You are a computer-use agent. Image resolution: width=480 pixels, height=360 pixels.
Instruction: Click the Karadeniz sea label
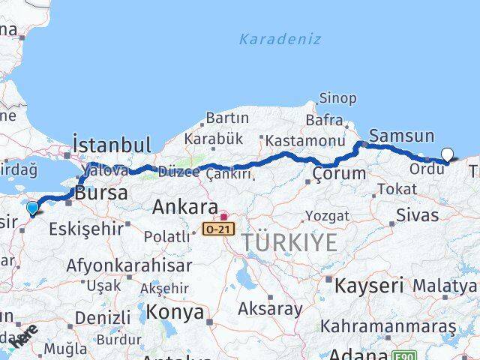click(280, 39)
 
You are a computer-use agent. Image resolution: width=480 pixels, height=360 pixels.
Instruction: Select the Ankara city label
click(184, 207)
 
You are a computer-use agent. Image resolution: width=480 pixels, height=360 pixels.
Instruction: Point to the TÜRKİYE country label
click(289, 242)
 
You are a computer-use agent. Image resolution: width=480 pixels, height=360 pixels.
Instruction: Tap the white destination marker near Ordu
click(448, 155)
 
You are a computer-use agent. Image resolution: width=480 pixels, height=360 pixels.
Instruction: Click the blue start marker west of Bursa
click(32, 208)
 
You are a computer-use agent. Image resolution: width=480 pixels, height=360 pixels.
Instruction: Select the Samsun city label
click(402, 136)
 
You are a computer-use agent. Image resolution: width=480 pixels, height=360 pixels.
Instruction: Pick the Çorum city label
click(340, 174)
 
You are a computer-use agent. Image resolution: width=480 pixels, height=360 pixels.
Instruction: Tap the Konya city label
click(175, 311)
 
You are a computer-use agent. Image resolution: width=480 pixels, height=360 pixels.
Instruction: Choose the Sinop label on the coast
click(337, 97)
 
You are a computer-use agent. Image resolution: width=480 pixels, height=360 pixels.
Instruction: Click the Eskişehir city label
click(85, 229)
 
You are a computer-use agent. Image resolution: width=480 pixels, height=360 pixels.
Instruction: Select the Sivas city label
click(418, 215)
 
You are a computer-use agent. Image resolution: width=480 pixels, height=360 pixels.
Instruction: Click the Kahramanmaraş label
click(388, 326)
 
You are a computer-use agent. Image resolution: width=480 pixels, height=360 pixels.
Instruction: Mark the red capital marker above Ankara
click(223, 217)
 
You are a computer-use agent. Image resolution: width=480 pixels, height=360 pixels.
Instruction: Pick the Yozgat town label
click(328, 216)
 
